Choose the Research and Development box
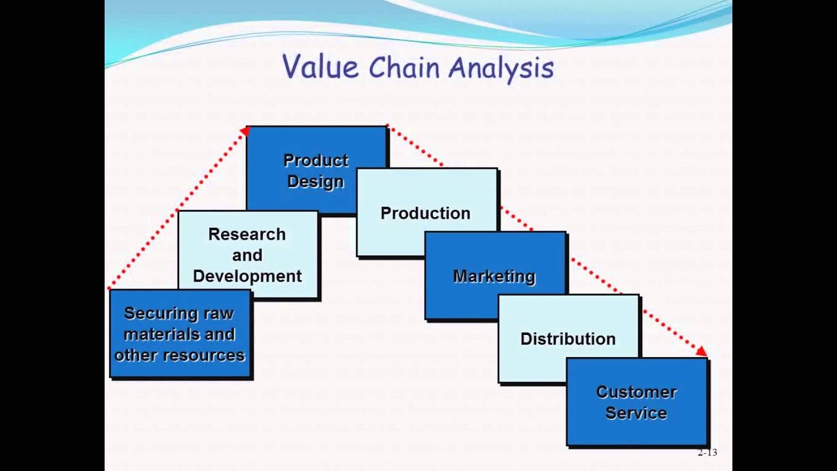point(247,254)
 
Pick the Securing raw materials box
point(179,334)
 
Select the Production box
point(426,213)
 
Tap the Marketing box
point(494,276)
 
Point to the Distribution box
point(568,339)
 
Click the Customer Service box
point(636,402)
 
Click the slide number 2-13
point(707,452)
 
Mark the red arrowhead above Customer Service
point(702,351)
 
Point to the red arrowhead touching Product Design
point(245,131)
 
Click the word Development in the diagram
point(247,276)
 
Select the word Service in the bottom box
point(636,413)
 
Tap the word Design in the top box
point(316,181)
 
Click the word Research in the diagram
point(247,234)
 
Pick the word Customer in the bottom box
point(636,392)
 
